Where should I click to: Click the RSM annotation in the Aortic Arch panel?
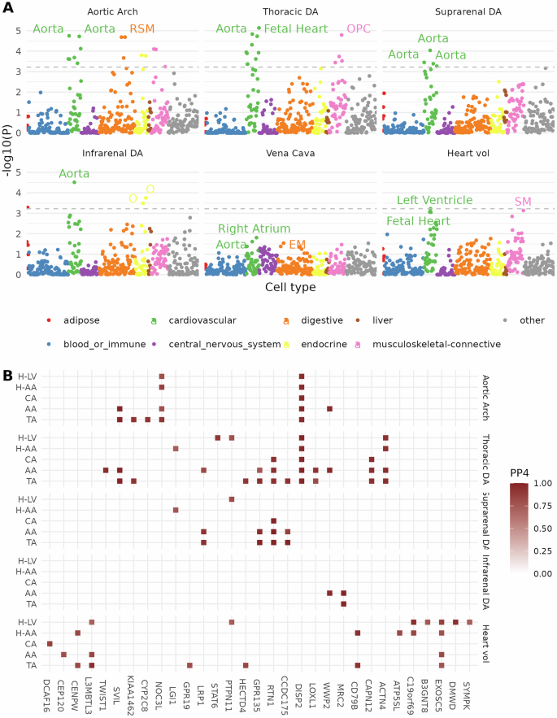click(141, 29)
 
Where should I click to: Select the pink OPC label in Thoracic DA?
click(358, 29)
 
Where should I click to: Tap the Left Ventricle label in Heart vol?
click(434, 200)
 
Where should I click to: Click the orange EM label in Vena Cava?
click(298, 244)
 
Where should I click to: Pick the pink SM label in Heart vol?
click(524, 202)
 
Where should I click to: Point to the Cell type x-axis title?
click(290, 288)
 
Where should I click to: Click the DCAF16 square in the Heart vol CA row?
click(50, 643)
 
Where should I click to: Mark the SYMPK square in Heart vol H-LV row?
click(470, 622)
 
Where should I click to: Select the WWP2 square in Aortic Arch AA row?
click(330, 409)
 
